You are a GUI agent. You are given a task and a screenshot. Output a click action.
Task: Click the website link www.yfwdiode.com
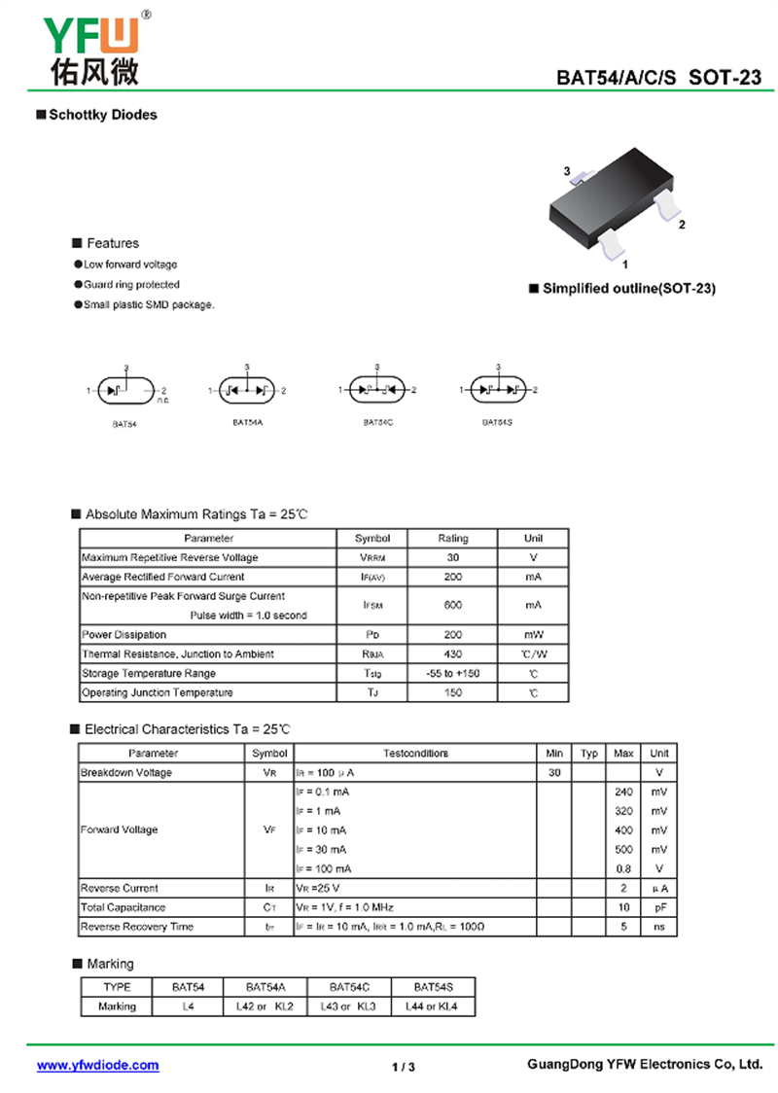coord(97,1065)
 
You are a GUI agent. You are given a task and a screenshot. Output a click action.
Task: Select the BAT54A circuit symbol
coord(247,391)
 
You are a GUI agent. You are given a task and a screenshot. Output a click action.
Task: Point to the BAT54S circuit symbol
coord(497,391)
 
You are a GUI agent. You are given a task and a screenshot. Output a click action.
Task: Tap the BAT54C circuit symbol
coord(376,391)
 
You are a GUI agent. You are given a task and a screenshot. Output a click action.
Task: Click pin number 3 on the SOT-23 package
coord(567,171)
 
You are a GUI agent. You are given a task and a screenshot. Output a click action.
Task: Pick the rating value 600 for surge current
coord(452,605)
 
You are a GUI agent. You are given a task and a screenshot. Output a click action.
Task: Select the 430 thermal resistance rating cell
coord(452,654)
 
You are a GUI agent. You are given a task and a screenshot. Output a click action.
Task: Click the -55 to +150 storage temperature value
coord(452,674)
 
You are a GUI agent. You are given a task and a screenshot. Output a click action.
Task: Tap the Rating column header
coord(452,538)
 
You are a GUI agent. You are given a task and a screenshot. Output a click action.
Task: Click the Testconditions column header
coord(415,753)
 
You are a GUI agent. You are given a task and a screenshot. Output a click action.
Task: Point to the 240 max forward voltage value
coord(624,792)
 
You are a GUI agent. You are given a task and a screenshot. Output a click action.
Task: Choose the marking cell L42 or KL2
coord(265,1006)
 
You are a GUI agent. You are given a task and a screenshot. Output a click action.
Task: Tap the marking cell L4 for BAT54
coord(189,1006)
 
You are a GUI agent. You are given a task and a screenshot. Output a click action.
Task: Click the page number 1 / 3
coord(404,1067)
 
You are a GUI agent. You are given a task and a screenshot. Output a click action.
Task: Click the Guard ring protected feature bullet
coord(131,285)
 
